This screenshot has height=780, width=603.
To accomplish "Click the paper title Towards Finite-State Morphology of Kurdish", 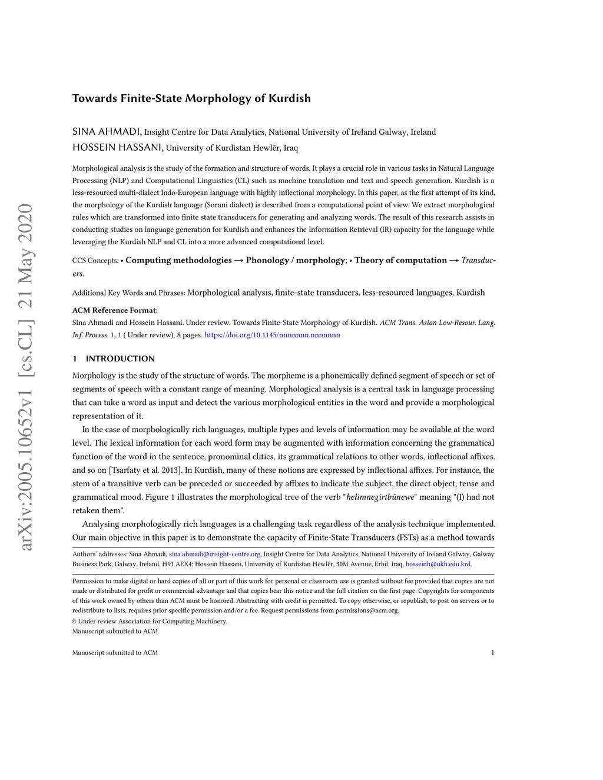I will [x=191, y=98].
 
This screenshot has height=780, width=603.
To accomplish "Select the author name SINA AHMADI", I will [x=107, y=131].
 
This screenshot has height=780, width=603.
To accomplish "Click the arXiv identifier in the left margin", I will [x=26, y=377].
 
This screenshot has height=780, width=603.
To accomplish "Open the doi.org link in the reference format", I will [x=272, y=335].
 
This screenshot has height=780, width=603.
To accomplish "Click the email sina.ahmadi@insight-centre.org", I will [x=214, y=554].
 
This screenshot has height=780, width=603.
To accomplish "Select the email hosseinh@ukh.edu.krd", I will [x=438, y=564].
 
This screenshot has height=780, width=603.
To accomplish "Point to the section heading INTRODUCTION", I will [x=120, y=359].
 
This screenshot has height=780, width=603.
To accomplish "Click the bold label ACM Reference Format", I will [x=115, y=310].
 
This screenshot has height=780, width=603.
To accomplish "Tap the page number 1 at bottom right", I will [x=492, y=652].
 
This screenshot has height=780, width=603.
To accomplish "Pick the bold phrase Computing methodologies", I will [x=178, y=260].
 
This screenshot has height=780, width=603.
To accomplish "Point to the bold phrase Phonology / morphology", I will [x=295, y=260].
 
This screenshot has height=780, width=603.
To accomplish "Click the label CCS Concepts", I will [x=95, y=260].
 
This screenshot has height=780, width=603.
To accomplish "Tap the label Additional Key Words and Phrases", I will [x=128, y=293].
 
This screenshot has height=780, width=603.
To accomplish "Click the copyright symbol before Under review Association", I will [x=74, y=621].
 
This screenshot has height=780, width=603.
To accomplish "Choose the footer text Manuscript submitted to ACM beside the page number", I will [x=115, y=652].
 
